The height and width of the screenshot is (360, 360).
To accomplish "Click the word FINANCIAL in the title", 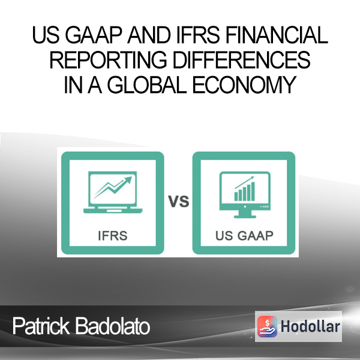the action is tap(277, 35).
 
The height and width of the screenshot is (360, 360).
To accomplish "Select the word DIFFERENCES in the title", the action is tap(242, 59).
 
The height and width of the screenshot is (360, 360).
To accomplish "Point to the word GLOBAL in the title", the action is tap(147, 85).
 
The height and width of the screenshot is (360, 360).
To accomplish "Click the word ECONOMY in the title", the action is tap(244, 85).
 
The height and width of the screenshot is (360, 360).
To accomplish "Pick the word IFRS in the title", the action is tap(198, 35).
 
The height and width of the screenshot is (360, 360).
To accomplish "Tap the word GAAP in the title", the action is tap(93, 35).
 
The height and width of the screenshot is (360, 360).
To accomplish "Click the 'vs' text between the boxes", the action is tap(178, 202).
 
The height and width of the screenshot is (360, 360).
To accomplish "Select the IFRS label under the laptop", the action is tap(113, 236).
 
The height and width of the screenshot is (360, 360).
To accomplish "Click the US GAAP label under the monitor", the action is tap(244, 236).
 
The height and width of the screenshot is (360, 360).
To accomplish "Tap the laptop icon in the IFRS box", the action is tap(113, 193).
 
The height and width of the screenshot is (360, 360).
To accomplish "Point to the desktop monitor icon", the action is tap(245, 194).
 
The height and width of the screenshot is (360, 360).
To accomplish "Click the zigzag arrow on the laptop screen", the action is tap(113, 187).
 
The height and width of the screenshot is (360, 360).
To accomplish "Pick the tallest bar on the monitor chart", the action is tap(253, 191).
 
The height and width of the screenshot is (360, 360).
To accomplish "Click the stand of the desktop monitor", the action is tap(245, 214).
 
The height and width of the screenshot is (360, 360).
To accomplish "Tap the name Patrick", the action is tap(41, 326).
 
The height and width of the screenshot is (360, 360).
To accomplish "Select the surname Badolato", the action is tap(113, 326).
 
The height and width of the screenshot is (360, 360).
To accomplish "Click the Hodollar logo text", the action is tap(310, 326).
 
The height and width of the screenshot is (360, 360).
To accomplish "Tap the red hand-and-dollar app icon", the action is tap(267, 326).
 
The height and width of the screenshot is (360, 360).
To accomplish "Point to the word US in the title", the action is tap(46, 35).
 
